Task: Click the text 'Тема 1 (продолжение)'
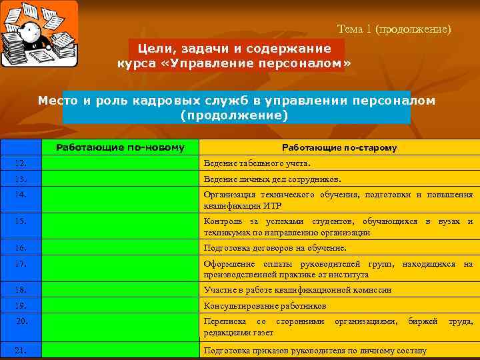pos(394,29)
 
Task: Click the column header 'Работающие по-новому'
pos(120,147)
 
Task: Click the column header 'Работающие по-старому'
pos(339,147)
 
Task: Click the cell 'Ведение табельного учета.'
pos(257,163)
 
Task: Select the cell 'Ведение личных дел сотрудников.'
pos(272,179)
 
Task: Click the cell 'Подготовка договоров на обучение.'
pos(275,248)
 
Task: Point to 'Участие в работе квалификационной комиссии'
pos(297,291)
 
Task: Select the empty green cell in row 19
pos(120,306)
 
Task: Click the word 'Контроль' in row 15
pos(223,221)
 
